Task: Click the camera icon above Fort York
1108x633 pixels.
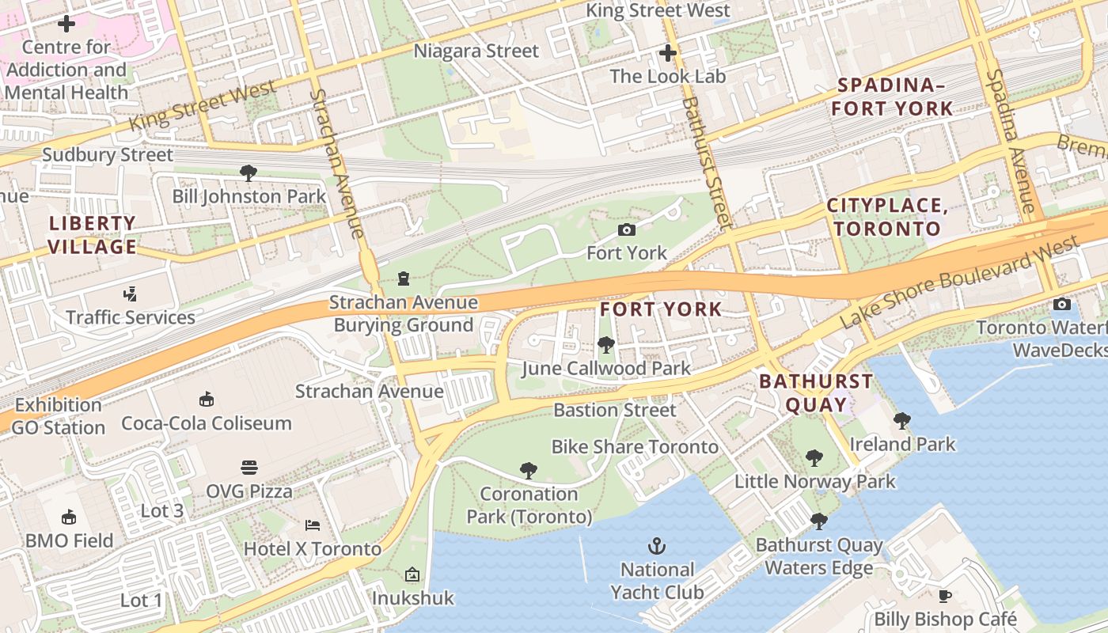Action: [x=627, y=230]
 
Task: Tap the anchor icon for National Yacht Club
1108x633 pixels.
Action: [x=656, y=546]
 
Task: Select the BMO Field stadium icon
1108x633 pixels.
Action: [x=70, y=517]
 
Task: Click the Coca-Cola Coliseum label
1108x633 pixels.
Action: [x=207, y=423]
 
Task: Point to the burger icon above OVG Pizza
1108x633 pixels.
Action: [x=249, y=468]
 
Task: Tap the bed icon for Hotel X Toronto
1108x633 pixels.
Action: [x=313, y=525]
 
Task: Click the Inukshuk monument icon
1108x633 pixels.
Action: [x=412, y=574]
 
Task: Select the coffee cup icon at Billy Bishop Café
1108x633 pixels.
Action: [x=944, y=596]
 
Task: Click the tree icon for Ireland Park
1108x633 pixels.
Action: [x=901, y=421]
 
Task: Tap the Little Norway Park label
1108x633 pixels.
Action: [x=814, y=481]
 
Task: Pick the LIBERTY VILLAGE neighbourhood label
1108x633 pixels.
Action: [x=92, y=235]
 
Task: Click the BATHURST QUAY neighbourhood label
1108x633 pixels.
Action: [x=816, y=393]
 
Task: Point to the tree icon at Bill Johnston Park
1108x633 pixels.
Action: [x=249, y=172]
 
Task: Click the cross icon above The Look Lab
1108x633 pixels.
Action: [x=668, y=54]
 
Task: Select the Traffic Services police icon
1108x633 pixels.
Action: [x=131, y=294]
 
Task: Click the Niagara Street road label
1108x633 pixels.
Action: [x=476, y=51]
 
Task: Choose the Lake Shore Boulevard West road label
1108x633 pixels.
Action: [x=958, y=282]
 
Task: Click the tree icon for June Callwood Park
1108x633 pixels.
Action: [x=606, y=345]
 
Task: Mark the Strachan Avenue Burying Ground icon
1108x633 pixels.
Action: [x=404, y=279]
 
